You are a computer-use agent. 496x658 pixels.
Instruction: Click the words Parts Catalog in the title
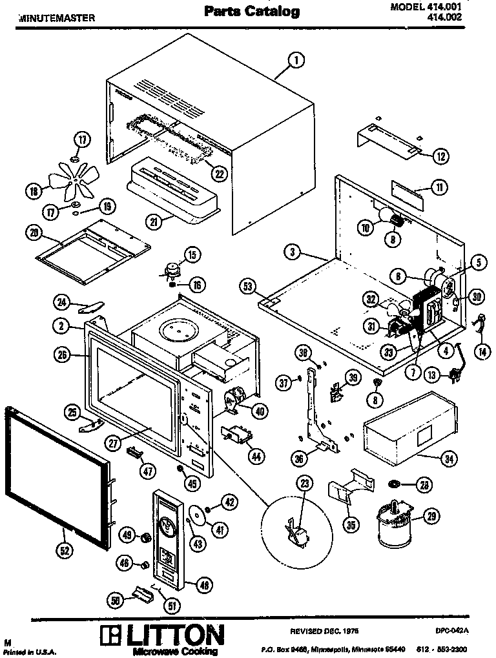tap(252, 11)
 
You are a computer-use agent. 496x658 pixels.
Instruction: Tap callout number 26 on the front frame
tap(63, 354)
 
